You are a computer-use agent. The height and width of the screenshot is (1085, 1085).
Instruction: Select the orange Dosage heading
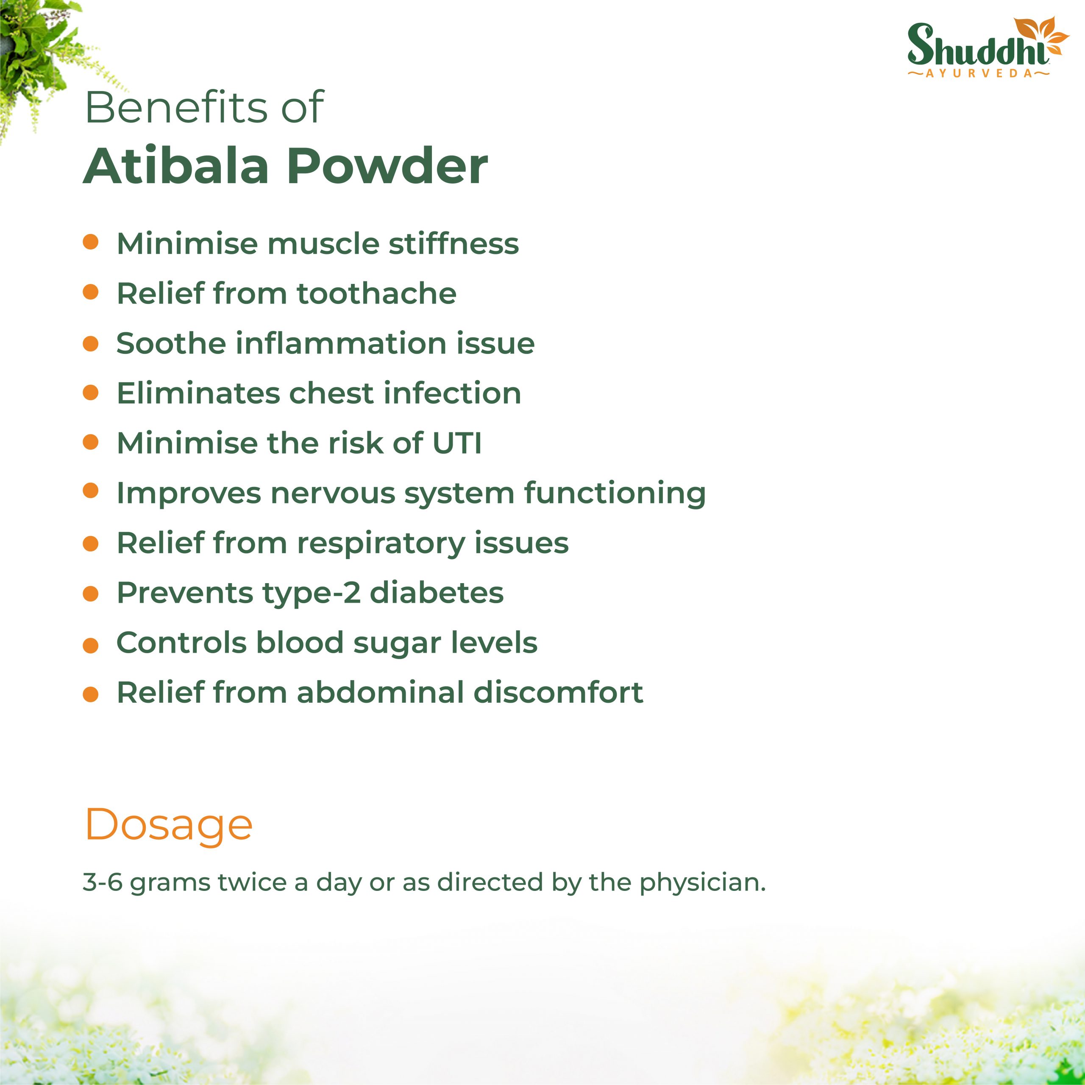point(169,826)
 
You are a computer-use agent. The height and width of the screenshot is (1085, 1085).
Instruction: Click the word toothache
point(376,293)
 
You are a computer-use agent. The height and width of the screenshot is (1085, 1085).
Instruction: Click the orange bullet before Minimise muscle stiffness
point(90,242)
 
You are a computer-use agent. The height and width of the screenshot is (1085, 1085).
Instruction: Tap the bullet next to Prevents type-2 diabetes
point(90,594)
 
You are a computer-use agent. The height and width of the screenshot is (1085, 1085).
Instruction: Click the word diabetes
point(437,593)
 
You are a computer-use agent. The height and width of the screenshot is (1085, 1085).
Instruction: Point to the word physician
point(703,883)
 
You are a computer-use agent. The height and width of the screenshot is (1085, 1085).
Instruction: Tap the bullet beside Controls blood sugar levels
point(90,646)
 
